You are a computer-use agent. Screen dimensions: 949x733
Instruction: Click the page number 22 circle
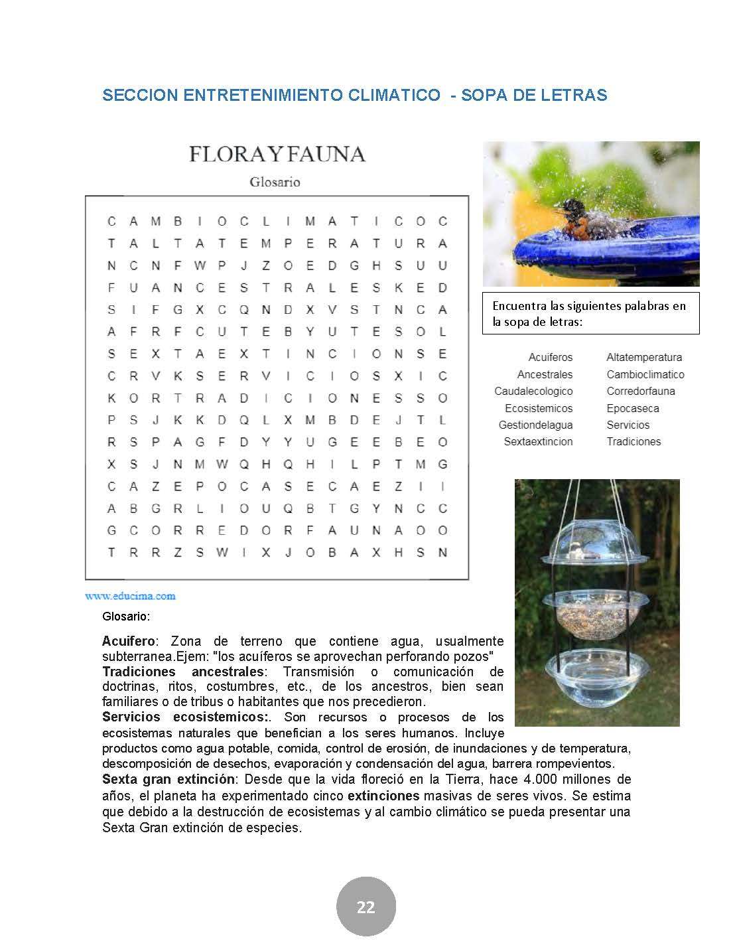coord(366,907)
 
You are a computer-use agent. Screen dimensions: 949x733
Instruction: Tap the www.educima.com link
coord(130,595)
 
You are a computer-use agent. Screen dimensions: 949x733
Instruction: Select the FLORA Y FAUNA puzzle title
coord(277,154)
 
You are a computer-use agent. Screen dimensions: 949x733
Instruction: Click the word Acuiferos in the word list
coord(550,358)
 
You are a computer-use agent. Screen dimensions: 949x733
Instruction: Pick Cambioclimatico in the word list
coord(645,374)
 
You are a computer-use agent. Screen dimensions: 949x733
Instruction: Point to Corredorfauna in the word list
coord(640,391)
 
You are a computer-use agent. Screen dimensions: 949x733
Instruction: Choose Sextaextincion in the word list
coord(538,441)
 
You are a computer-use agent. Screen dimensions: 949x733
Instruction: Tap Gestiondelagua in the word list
coord(535,425)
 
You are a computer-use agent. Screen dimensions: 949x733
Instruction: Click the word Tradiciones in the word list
coord(633,441)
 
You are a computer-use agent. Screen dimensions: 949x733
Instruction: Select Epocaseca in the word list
coord(632,408)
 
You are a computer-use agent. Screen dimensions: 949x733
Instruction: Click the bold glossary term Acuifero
coord(129,641)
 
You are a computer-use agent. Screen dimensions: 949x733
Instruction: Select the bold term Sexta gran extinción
coord(168,779)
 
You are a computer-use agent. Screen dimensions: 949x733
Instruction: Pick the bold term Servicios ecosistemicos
coord(184,717)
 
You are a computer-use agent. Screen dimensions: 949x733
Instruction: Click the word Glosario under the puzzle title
coord(275,182)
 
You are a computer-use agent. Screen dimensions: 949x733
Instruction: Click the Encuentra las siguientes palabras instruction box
coord(590,313)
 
